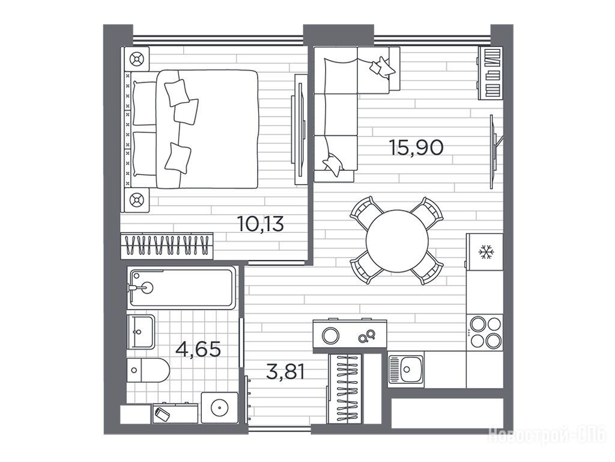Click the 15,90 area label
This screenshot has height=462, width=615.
point(416,147)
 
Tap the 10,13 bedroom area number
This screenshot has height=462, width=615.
point(261,224)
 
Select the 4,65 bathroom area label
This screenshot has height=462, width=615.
point(198,349)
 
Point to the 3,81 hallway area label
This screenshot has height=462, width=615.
point(285,371)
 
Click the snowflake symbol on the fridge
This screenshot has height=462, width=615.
point(486,252)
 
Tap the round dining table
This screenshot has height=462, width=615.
point(397,241)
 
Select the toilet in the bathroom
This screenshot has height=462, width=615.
point(148,370)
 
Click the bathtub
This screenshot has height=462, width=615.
point(181,288)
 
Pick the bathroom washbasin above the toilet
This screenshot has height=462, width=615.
point(141,331)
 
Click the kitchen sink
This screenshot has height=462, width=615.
point(406,370)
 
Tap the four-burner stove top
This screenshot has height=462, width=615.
point(485,332)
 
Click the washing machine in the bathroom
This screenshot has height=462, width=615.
point(219,408)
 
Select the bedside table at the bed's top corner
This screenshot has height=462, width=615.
point(136,60)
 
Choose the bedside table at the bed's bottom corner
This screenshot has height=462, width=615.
point(136,200)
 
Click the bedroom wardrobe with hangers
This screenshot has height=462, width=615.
point(167,245)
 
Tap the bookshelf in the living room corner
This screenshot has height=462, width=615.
point(490,73)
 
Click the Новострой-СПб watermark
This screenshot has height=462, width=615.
point(547,436)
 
